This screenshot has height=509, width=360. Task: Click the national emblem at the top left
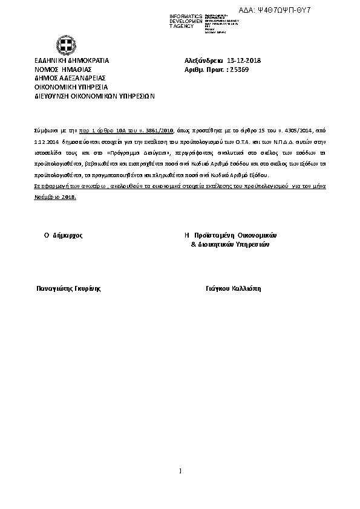tap(66, 45)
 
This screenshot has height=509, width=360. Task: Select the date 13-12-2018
tap(244, 60)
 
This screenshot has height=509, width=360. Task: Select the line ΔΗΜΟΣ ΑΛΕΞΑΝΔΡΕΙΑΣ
tap(70, 78)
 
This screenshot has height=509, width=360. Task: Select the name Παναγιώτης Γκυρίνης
tap(69, 289)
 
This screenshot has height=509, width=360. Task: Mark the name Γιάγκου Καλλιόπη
tap(233, 289)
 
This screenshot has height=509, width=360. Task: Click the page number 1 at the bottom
tap(180, 472)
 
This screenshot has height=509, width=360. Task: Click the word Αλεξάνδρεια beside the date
tap(203, 60)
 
